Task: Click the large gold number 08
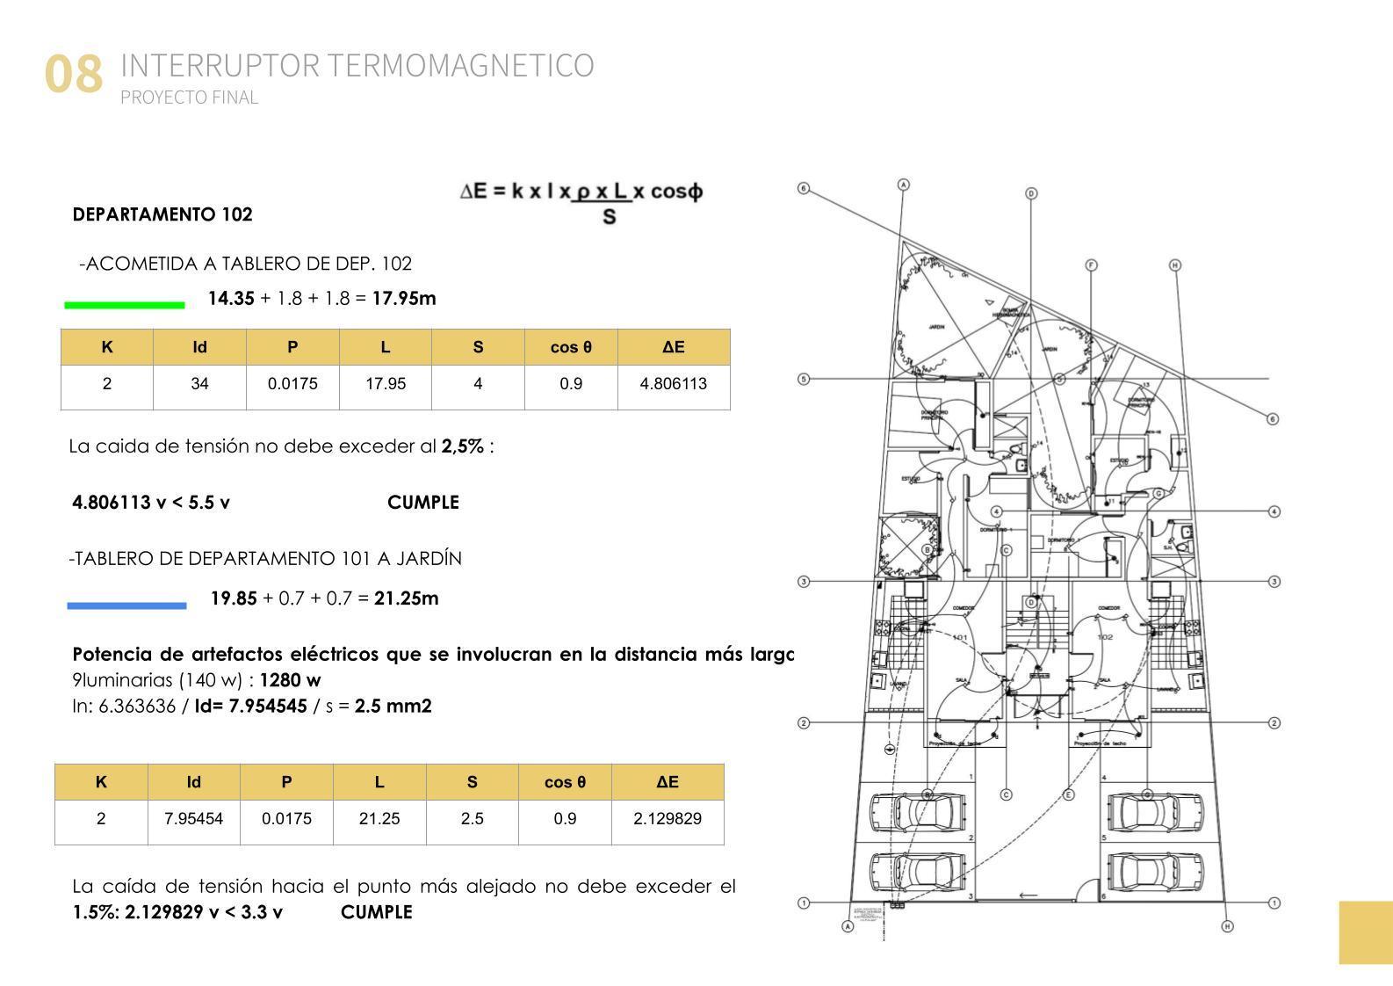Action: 74,74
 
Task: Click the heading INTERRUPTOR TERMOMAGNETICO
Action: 357,65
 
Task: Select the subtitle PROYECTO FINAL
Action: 189,98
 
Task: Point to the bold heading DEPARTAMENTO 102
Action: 162,214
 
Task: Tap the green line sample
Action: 125,305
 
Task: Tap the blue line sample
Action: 126,605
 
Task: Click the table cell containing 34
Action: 199,383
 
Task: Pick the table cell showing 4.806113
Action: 673,383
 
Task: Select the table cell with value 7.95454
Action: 193,818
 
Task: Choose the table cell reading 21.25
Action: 379,818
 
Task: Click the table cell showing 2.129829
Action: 667,818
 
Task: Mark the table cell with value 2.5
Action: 472,818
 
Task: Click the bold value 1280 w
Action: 290,680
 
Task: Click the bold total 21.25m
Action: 406,598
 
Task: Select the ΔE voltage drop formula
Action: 581,201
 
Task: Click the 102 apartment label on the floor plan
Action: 1105,637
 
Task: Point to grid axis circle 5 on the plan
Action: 803,380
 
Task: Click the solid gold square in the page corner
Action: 1366,932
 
